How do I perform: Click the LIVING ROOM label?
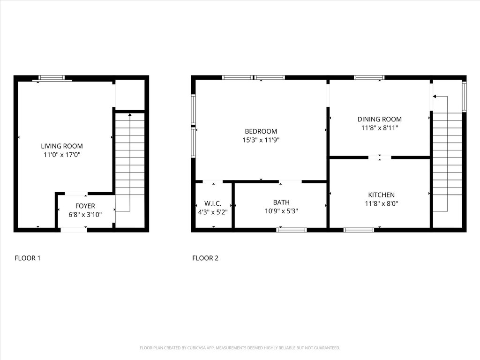click(62, 146)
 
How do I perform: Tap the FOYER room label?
click(85, 206)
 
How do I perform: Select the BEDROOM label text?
click(261, 131)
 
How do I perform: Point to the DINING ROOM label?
click(380, 119)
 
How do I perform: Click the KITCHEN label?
click(381, 195)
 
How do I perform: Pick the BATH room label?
click(281, 202)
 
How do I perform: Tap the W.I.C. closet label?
click(213, 203)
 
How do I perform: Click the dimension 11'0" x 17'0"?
click(62, 155)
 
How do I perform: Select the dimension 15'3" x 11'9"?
click(261, 140)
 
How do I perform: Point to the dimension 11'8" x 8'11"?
click(380, 127)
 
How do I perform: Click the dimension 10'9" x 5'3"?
click(281, 211)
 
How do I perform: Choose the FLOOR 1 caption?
click(28, 258)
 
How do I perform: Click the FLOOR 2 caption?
click(205, 258)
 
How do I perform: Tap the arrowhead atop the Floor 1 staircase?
click(130, 115)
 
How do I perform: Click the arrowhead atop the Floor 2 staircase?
click(435, 97)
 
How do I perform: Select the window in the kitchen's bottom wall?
click(359, 230)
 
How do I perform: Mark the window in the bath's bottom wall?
click(292, 230)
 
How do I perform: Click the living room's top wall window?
click(52, 78)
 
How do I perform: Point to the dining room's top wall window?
click(369, 77)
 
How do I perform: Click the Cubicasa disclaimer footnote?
click(240, 348)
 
